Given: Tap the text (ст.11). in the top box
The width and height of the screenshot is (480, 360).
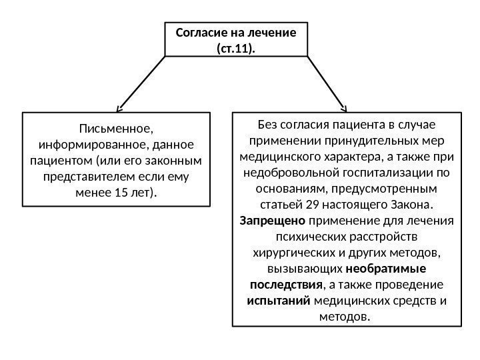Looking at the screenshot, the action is [x=236, y=48].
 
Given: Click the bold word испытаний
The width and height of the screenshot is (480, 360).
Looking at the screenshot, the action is [x=278, y=301].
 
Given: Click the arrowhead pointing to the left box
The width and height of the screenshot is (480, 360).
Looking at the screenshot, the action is [x=119, y=107].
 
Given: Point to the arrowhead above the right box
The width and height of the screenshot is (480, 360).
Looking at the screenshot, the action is [x=344, y=107].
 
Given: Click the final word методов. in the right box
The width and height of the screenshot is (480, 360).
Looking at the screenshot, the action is [x=346, y=317].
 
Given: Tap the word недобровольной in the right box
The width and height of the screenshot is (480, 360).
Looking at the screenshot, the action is [x=294, y=173].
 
